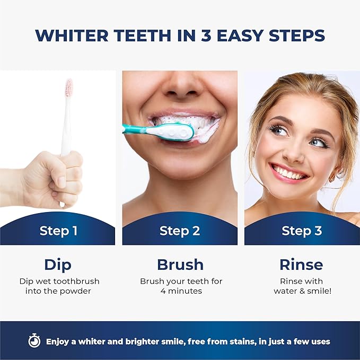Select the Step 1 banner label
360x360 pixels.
[x=58, y=231]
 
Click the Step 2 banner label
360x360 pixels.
[x=179, y=231]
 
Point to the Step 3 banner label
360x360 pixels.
[x=302, y=231]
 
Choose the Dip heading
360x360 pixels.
[x=58, y=264]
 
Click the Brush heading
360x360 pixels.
[x=180, y=264]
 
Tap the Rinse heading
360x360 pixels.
[x=302, y=264]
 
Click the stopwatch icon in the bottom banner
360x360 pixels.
[x=34, y=341]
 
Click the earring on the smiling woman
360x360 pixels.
[x=332, y=178]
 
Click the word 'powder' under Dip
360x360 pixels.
[x=83, y=291]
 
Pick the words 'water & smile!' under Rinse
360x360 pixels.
[x=302, y=291]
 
